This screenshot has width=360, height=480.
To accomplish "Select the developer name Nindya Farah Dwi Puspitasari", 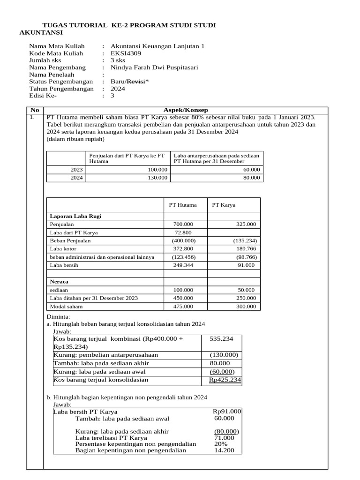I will click(x=154, y=67).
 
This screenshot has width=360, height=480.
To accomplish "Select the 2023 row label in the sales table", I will click(x=77, y=170).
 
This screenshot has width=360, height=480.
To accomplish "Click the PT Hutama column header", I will click(x=183, y=205).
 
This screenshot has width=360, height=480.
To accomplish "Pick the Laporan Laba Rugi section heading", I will click(x=75, y=216).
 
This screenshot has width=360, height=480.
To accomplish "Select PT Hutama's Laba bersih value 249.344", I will click(x=183, y=265).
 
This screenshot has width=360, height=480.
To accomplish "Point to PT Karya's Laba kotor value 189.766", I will click(x=246, y=249).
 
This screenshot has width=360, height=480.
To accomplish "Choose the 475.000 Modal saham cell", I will click(x=183, y=307).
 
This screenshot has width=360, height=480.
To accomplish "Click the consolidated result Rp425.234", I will click(x=225, y=380).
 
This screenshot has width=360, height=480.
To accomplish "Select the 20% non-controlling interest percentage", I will click(x=221, y=444).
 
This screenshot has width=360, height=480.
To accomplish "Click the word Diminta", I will click(x=57, y=317).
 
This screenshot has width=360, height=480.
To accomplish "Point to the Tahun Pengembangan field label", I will click(x=61, y=89).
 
